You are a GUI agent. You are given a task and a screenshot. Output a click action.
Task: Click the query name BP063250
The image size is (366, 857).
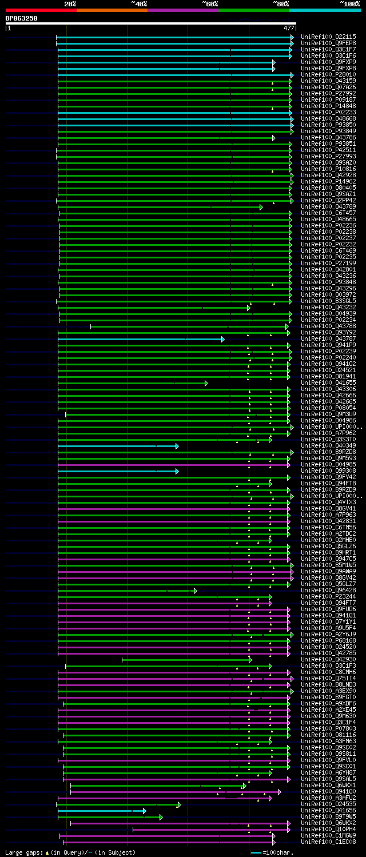coord(22,18)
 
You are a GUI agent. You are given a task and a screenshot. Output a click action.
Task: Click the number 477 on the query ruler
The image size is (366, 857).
coord(288,28)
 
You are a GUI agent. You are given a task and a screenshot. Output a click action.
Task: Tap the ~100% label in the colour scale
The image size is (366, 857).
coord(349,3)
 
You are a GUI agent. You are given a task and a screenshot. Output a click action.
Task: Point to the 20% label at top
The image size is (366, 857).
coord(70,3)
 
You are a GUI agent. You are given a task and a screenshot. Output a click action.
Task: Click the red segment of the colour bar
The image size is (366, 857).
coord(41,10)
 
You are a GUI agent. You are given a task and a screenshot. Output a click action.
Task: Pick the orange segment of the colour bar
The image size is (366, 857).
coord(112,10)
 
